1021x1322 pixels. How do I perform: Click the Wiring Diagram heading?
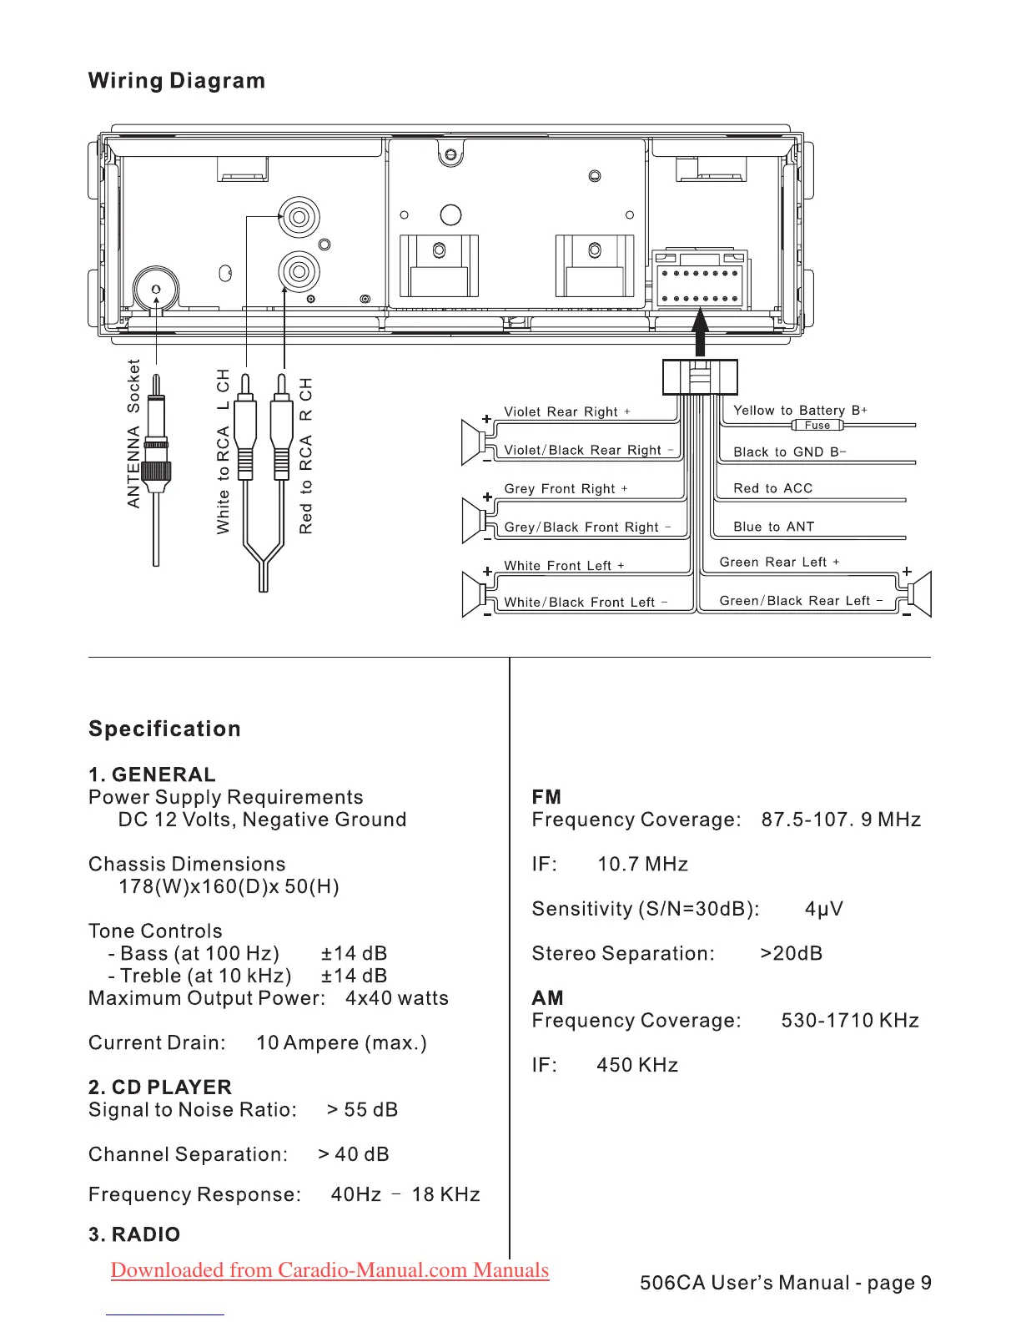[177, 81]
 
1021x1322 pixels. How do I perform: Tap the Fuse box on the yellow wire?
[817, 426]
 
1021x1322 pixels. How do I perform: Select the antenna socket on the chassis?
[156, 289]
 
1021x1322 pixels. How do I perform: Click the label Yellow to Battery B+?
[800, 410]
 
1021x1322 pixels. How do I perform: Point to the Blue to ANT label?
[773, 527]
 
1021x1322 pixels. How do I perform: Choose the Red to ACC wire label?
[772, 488]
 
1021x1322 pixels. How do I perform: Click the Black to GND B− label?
[789, 452]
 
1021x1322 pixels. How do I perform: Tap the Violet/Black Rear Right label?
[588, 450]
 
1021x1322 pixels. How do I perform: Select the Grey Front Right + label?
[566, 488]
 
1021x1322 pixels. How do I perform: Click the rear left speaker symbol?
[918, 593]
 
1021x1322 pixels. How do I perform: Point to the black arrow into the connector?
[701, 332]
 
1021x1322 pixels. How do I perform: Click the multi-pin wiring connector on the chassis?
[699, 280]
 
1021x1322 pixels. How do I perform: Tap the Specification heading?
[164, 729]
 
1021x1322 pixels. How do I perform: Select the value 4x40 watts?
[397, 998]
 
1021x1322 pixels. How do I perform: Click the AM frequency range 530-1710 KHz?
[850, 1021]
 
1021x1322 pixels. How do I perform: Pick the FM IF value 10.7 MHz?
[642, 865]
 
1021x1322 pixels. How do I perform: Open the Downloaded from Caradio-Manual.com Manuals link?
[329, 1269]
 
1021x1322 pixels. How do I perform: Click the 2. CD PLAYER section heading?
[160, 1087]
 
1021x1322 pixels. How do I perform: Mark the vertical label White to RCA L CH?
[223, 451]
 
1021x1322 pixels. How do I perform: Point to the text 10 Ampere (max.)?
[341, 1043]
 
